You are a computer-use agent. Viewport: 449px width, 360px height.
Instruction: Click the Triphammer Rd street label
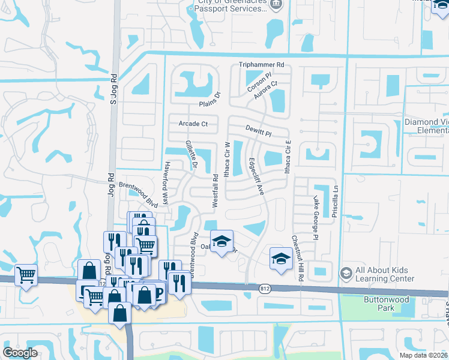pos(261,65)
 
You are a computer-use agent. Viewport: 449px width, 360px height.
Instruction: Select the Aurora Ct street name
pos(267,90)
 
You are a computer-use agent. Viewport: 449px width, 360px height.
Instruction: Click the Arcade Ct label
pos(193,124)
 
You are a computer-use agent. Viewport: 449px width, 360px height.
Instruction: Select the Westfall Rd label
pos(215,191)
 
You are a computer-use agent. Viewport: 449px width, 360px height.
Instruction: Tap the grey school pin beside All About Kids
pos(346,274)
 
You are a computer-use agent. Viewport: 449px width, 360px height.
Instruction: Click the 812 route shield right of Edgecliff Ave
pos(264,289)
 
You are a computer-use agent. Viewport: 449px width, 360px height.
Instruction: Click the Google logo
pos(21,353)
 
